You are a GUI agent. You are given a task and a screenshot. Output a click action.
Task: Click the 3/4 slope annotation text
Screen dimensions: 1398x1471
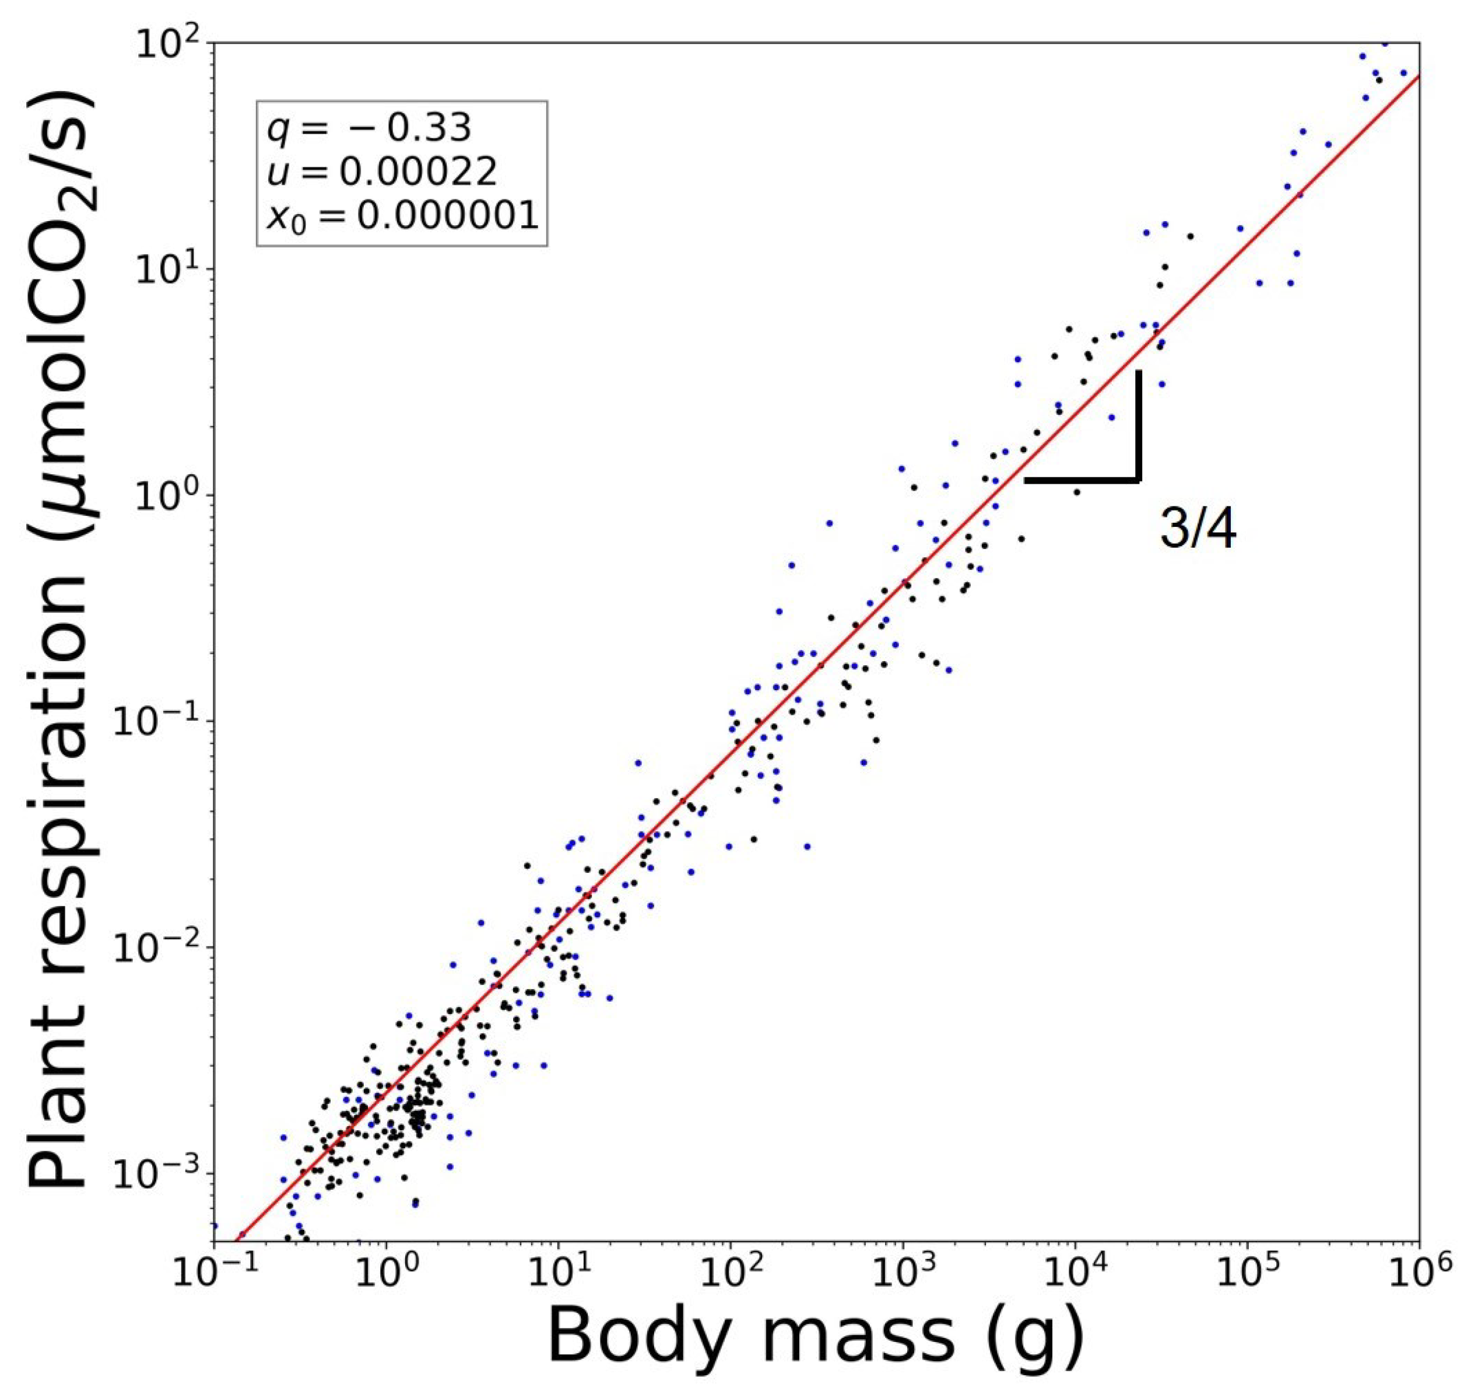[1198, 529]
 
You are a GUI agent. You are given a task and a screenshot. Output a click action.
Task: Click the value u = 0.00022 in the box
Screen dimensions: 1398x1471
[381, 172]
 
